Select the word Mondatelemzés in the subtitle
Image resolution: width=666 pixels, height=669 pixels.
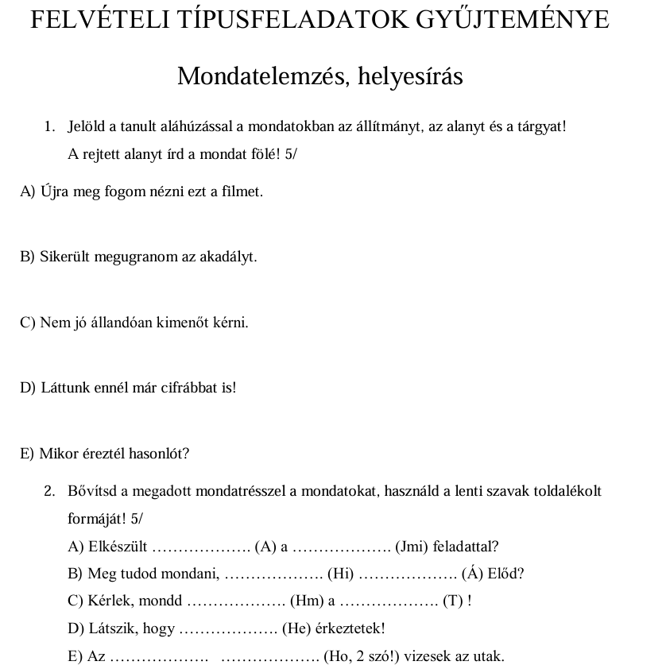tap(261, 76)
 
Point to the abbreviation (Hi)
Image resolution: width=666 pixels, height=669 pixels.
tap(340, 574)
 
